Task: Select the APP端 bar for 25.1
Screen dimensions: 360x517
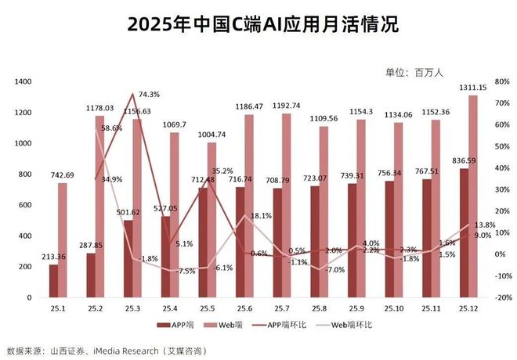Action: pyautogui.click(x=53, y=281)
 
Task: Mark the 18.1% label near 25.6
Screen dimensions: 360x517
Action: pyautogui.click(x=261, y=215)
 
